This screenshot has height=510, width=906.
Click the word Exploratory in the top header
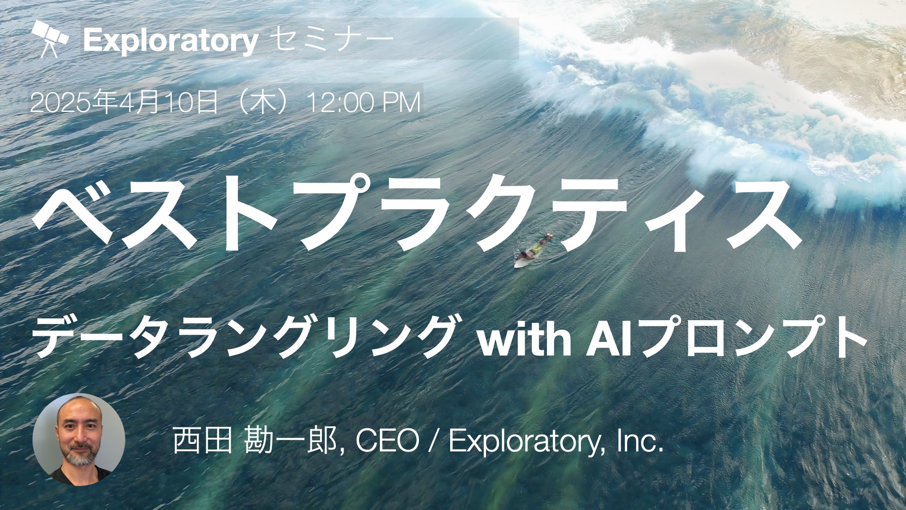point(170,41)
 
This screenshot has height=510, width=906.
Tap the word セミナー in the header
point(333,40)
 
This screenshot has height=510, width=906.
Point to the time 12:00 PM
point(364,103)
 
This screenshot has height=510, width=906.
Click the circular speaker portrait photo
point(79,440)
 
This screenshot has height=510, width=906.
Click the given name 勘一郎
point(290,441)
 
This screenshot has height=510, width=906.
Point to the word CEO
point(387,441)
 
